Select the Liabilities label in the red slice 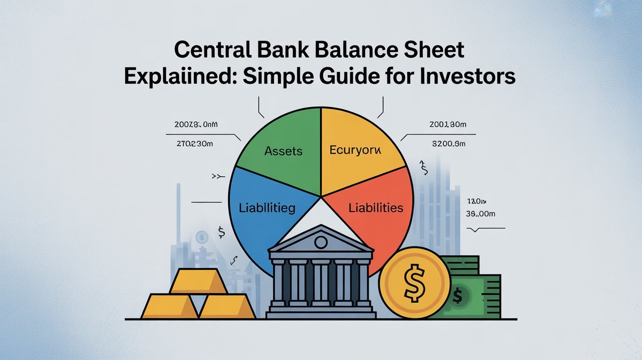[x=376, y=207]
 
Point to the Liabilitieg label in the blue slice [x=267, y=208]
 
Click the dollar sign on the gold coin [x=414, y=284]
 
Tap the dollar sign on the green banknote [x=458, y=295]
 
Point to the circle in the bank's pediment [x=321, y=242]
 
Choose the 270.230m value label [x=195, y=144]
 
